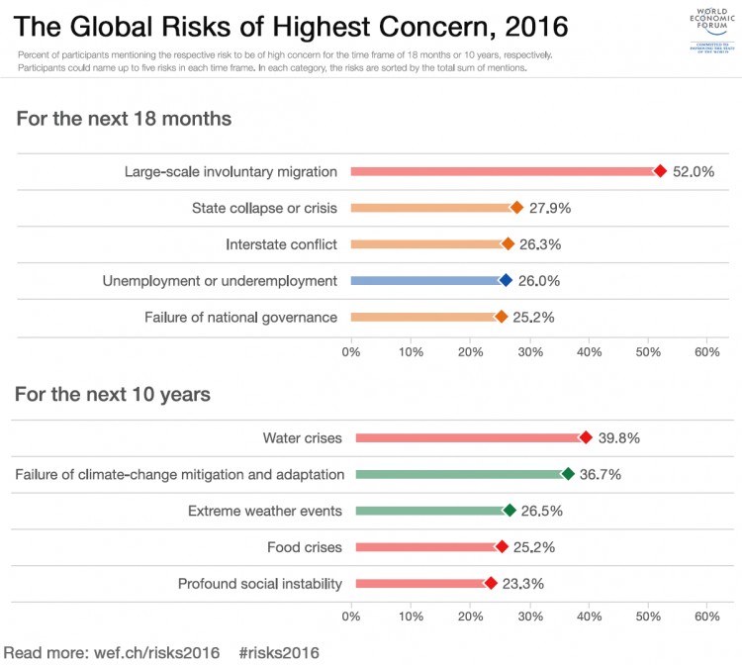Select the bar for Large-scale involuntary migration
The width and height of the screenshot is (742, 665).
[505, 171]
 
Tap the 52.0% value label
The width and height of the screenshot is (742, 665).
[694, 171]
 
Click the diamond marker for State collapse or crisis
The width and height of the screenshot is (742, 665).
[516, 208]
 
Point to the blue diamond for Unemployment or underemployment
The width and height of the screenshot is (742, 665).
[506, 281]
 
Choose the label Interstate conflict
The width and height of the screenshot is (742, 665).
[281, 244]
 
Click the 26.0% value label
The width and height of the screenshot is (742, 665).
[539, 281]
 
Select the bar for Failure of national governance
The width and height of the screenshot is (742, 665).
[425, 318]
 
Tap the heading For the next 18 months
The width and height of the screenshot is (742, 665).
[124, 119]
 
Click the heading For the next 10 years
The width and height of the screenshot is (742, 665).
[113, 394]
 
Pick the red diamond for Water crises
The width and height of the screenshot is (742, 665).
[586, 437]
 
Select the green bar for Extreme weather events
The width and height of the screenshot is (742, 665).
[431, 511]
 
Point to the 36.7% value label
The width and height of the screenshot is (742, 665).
[601, 474]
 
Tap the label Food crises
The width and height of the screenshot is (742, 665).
[305, 547]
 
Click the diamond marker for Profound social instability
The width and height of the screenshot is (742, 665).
[491, 584]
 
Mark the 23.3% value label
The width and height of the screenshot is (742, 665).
[522, 584]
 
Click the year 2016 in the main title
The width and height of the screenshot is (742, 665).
[504, 24]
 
